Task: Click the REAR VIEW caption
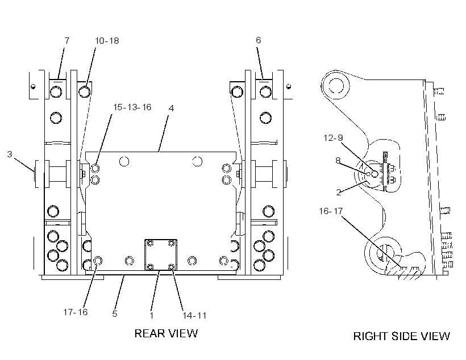pyautogui.click(x=166, y=333)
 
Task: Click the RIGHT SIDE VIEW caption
pyautogui.click(x=402, y=336)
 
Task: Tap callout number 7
pyautogui.click(x=67, y=40)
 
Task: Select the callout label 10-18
pyautogui.click(x=107, y=41)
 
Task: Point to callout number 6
pyautogui.click(x=258, y=40)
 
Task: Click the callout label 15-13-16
pyautogui.click(x=132, y=107)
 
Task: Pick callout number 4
pyautogui.click(x=171, y=108)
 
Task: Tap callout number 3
pyautogui.click(x=10, y=154)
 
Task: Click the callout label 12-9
pyautogui.click(x=333, y=137)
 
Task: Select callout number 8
pyautogui.click(x=338, y=160)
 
